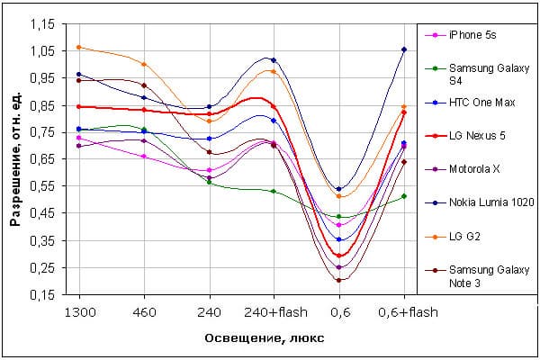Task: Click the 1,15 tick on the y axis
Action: click(41, 24)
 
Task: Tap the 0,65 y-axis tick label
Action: click(41, 159)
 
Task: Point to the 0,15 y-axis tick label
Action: click(41, 294)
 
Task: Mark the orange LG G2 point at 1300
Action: click(79, 47)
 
